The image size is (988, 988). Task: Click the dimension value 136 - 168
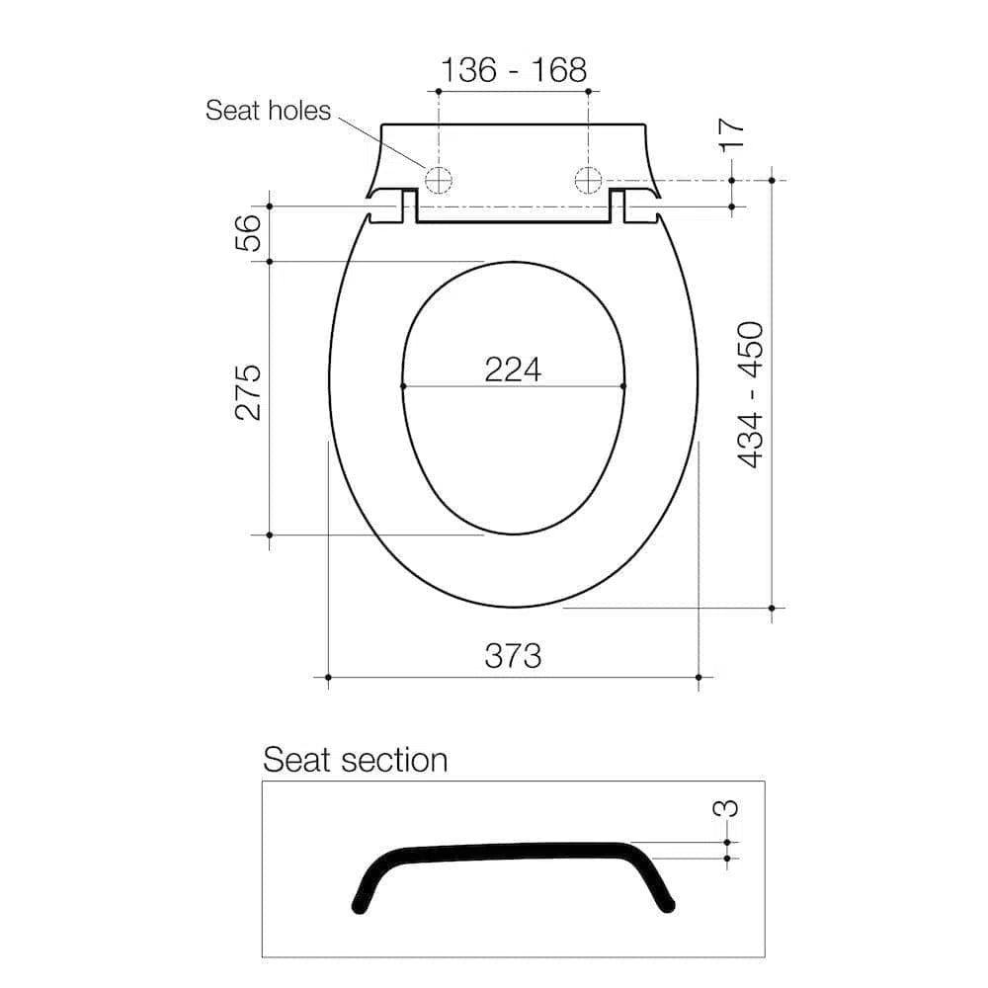513,70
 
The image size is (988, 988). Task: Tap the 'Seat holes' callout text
268,110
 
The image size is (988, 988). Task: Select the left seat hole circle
438,180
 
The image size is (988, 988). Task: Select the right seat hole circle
588,180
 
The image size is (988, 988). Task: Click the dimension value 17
731,133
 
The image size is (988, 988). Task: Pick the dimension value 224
513,369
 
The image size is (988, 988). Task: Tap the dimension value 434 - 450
751,393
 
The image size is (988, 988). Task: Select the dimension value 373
513,654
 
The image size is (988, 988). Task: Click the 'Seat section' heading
355,760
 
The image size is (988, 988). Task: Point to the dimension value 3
726,807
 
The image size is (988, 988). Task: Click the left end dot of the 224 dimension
403,385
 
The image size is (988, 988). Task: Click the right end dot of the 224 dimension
624,385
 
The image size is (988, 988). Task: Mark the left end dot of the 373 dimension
327,677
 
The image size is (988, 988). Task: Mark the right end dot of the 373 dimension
699,677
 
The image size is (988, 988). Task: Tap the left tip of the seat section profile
357,904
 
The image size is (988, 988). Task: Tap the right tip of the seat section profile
669,903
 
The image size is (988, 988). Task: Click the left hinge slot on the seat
407,206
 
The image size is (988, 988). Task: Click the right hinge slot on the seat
618,206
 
